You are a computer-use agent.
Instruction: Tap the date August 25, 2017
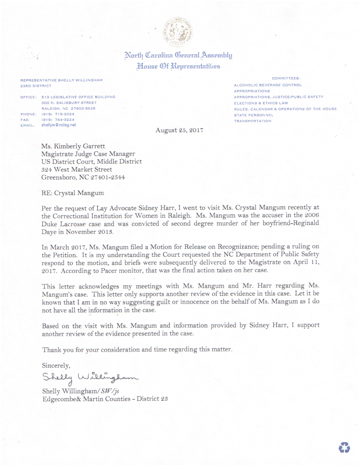click(179, 130)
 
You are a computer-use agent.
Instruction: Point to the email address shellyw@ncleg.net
click(59, 125)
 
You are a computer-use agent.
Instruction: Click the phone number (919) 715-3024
click(58, 114)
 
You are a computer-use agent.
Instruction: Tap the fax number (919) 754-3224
click(58, 120)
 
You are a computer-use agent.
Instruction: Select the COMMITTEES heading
click(286, 78)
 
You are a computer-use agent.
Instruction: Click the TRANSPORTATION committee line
click(253, 121)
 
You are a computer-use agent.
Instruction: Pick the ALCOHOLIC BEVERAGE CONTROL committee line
click(268, 85)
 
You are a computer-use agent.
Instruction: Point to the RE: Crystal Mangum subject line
click(72, 192)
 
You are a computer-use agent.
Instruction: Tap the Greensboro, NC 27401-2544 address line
click(83, 177)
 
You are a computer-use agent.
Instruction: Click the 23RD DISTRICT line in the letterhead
click(36, 86)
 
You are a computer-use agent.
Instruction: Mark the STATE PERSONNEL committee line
click(254, 115)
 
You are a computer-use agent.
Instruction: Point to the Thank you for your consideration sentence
click(137, 350)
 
